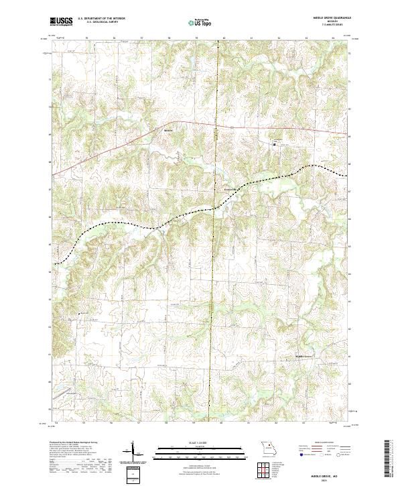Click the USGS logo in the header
[61, 21]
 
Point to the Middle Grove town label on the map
[305, 355]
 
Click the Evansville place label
[230, 190]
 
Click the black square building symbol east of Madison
[273, 143]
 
